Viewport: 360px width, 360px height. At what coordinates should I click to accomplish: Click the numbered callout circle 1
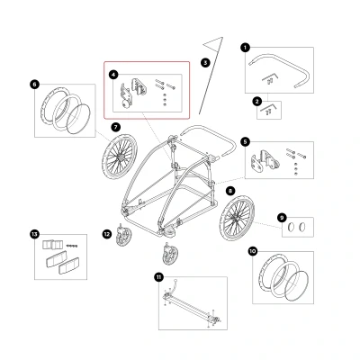[x=246, y=48]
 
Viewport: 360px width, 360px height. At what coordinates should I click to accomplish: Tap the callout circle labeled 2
[x=256, y=102]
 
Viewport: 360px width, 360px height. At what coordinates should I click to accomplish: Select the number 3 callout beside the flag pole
[x=205, y=63]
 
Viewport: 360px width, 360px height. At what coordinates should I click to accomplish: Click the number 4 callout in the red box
[x=113, y=75]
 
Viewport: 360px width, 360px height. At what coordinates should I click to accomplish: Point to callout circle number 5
[x=246, y=142]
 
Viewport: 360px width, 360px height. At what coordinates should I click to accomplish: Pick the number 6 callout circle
[x=34, y=85]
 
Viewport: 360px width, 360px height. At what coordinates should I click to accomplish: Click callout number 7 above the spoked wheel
[x=115, y=127]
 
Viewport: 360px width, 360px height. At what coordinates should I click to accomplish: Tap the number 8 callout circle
[x=230, y=191]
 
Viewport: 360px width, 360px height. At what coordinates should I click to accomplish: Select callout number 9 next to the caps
[x=282, y=218]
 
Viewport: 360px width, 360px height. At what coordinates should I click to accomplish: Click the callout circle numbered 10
[x=253, y=251]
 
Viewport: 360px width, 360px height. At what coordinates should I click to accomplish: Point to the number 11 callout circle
[x=158, y=277]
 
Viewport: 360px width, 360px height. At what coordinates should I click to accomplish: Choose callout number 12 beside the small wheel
[x=107, y=234]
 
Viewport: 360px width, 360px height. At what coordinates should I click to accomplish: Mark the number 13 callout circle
[x=34, y=234]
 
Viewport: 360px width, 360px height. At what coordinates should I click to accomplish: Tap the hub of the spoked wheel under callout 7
[x=120, y=157]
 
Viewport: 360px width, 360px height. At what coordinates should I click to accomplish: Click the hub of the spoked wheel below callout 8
[x=236, y=219]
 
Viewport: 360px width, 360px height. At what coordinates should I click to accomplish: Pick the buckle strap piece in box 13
[x=52, y=245]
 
